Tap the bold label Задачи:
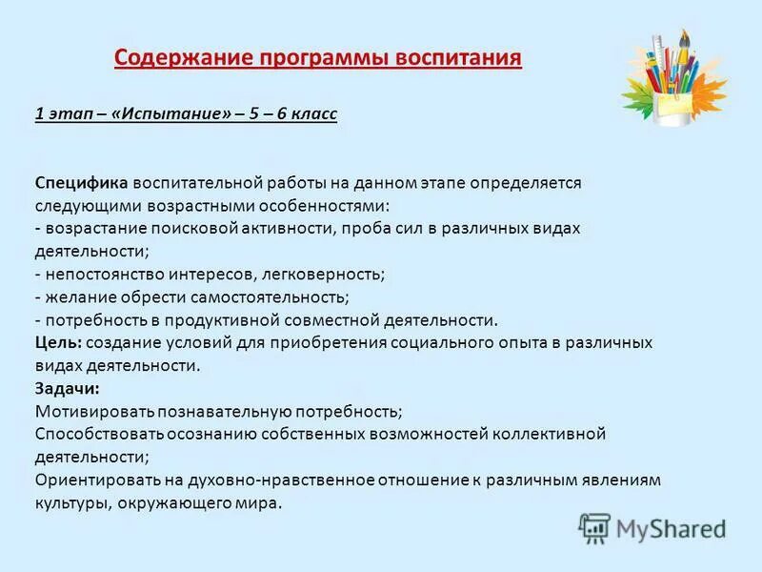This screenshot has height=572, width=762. tap(67, 388)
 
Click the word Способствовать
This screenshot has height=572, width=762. tap(99, 434)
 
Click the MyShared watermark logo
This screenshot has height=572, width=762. tap(652, 528)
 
